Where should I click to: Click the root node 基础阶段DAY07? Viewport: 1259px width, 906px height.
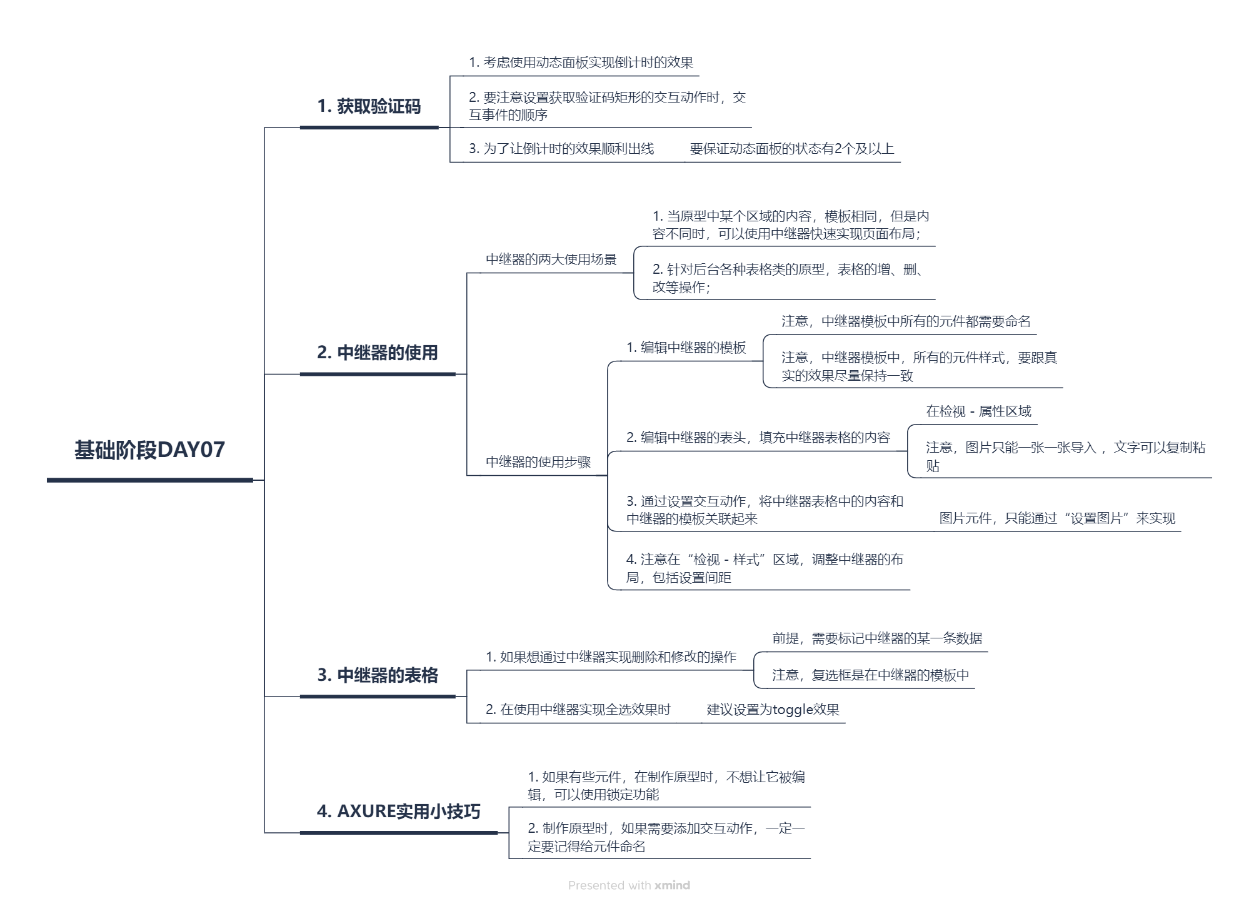[x=149, y=450]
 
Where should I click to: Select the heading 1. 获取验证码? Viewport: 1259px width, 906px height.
[x=369, y=106]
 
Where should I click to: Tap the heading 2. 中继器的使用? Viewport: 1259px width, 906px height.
[x=377, y=353]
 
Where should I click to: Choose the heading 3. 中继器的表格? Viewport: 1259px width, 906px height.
[x=378, y=675]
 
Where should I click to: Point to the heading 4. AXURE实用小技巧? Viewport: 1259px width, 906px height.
[x=398, y=812]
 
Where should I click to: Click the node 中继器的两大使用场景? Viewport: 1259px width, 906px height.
[x=551, y=259]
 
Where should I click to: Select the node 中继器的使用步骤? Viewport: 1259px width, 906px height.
[x=538, y=462]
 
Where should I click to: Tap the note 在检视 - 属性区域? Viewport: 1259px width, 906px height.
[x=978, y=411]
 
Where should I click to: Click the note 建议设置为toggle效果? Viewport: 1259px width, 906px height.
[x=773, y=710]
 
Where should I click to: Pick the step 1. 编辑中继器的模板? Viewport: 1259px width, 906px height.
[x=686, y=348]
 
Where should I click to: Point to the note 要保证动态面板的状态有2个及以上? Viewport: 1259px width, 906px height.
[x=791, y=149]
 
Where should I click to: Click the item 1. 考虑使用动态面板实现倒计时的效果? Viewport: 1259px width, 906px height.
[x=581, y=63]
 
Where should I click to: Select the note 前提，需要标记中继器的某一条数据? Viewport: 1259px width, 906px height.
[x=877, y=638]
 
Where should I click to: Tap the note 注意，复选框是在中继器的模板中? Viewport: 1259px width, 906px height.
[x=870, y=675]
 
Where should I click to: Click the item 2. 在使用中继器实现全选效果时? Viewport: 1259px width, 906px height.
[x=578, y=710]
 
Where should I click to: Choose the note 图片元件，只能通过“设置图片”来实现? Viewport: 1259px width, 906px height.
[x=1057, y=518]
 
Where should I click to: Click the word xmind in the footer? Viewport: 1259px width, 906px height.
[x=672, y=885]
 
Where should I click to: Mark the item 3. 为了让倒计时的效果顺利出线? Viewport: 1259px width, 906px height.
[x=561, y=149]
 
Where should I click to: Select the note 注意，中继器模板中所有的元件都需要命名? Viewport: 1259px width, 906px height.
[x=906, y=321]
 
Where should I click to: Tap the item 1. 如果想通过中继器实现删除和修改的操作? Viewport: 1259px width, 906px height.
[x=611, y=657]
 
